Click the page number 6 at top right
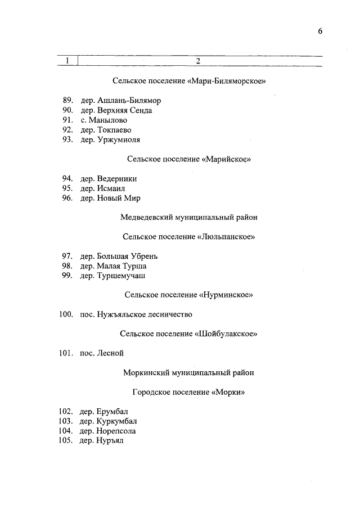tap(319, 31)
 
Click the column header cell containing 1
tap(67, 61)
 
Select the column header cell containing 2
tap(198, 61)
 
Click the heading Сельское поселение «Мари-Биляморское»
tap(188, 81)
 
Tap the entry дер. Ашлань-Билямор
tap(120, 101)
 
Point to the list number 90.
tap(68, 111)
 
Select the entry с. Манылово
tap(103, 120)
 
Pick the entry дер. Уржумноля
tap(110, 139)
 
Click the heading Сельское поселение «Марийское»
tap(188, 159)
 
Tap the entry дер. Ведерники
tap(108, 179)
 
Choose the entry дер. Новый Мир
tap(110, 198)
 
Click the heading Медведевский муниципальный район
tap(189, 217)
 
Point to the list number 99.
tap(68, 276)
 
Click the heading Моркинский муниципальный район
tap(188, 372)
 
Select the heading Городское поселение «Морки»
tap(188, 392)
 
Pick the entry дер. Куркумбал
tap(108, 421)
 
